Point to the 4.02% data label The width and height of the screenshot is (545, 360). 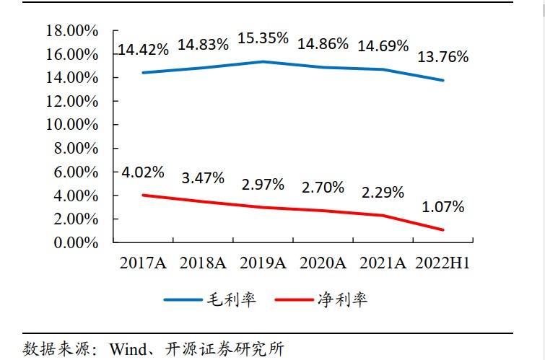coord(143,173)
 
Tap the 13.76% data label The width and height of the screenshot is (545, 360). coord(442,56)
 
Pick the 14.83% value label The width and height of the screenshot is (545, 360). coord(203,44)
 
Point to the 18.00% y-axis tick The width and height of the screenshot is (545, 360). coord(71,30)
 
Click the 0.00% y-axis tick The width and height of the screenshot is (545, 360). coord(75,243)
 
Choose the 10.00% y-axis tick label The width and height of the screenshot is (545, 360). coord(71,125)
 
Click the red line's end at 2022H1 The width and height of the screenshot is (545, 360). coord(442,230)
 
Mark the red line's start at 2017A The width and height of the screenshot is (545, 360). coord(142,195)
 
